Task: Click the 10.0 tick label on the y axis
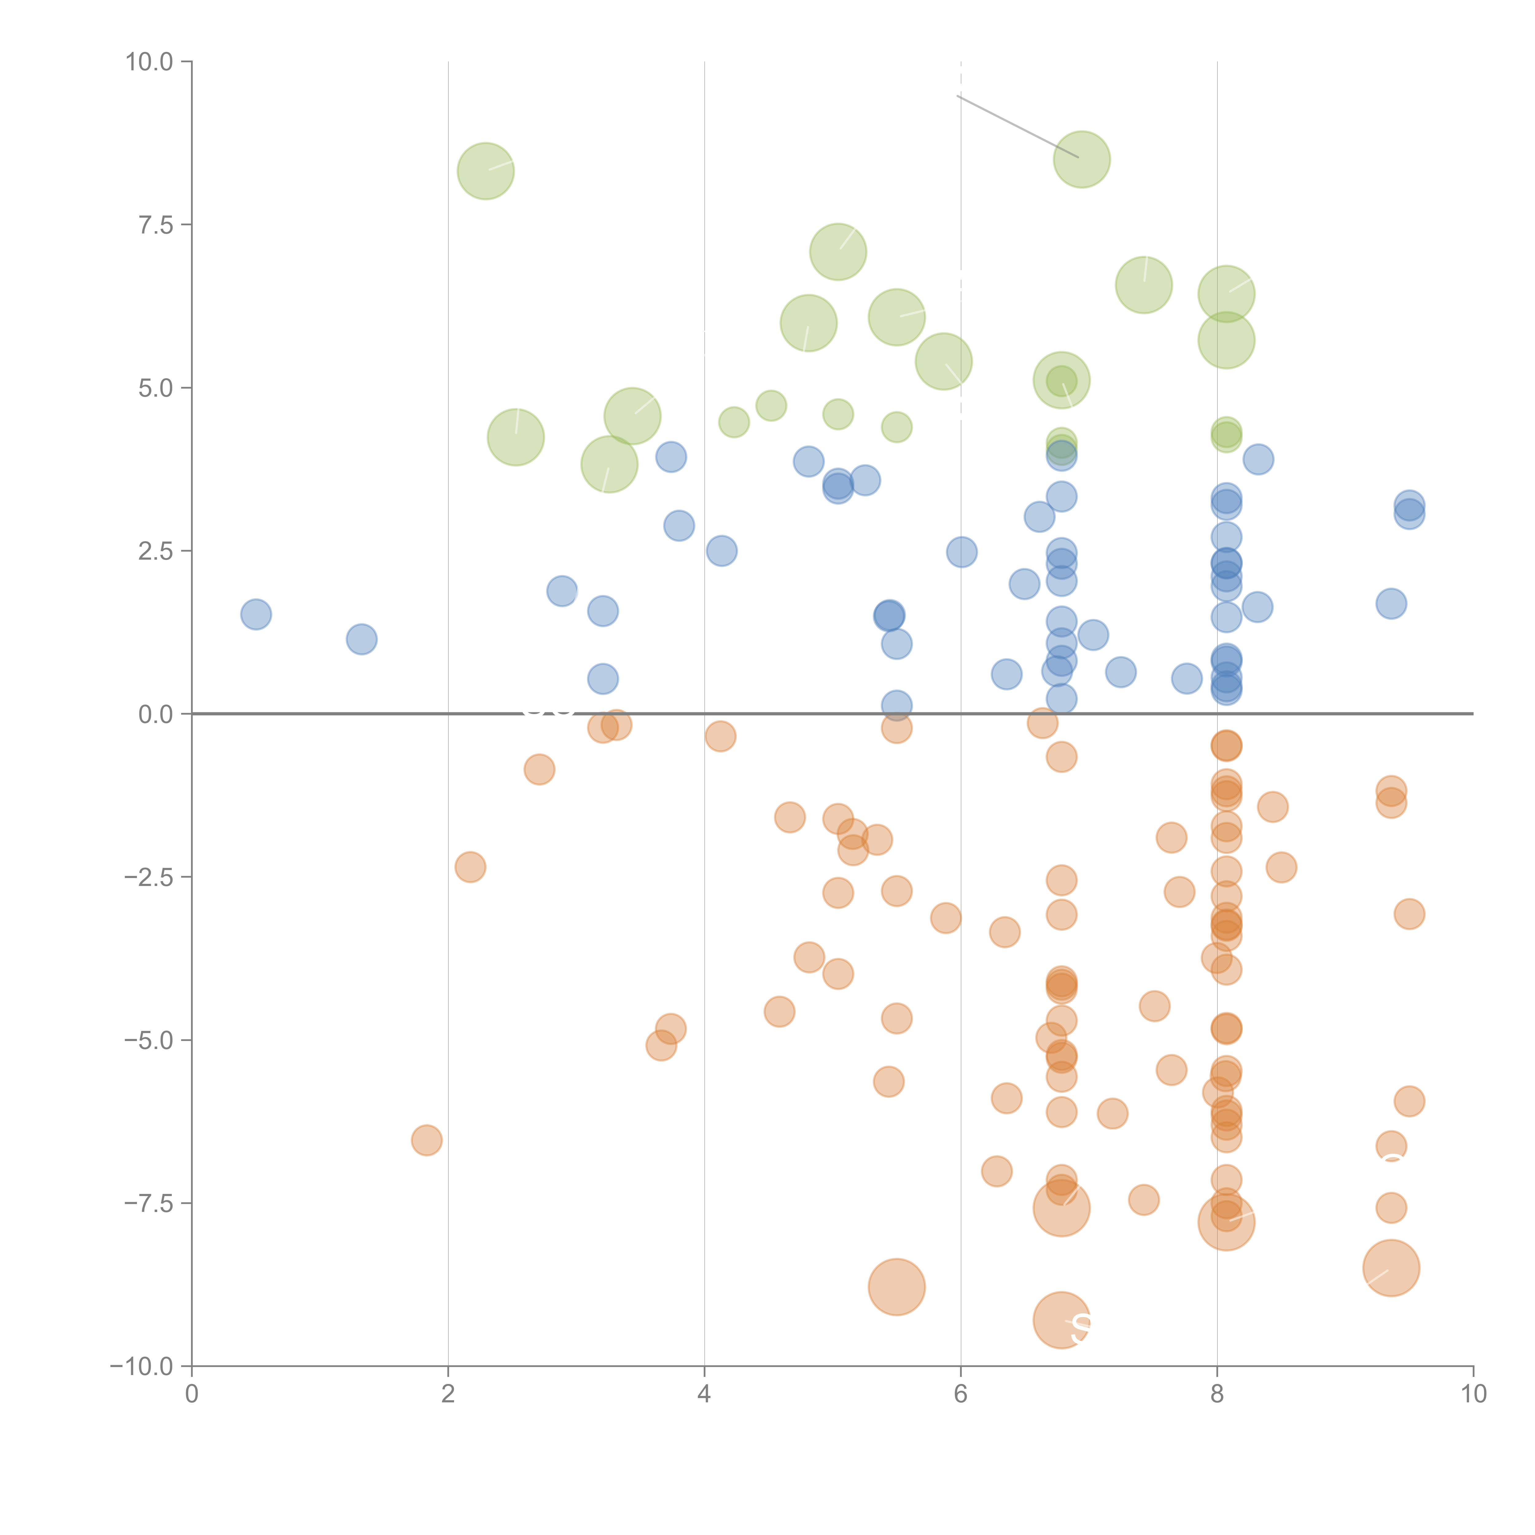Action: click(150, 62)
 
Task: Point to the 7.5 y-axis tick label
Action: click(156, 225)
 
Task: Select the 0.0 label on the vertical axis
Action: click(156, 714)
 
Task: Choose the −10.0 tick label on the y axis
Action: click(142, 1366)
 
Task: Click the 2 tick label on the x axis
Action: click(448, 1394)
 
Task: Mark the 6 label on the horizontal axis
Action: click(961, 1394)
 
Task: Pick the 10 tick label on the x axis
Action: click(1473, 1394)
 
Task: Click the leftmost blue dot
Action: click(256, 614)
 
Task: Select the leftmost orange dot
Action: click(427, 1140)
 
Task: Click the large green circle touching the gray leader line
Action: click(1081, 160)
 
